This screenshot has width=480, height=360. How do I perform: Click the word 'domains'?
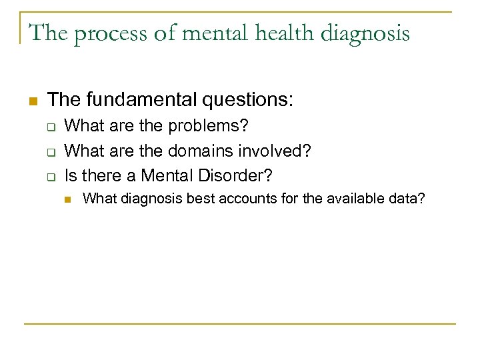point(198,151)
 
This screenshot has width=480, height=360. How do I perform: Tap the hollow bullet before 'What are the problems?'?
point(49,127)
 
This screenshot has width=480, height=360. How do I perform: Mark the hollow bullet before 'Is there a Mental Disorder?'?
point(49,177)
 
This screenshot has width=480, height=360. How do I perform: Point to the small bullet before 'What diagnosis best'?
point(67,199)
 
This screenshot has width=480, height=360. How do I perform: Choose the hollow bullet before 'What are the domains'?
point(49,151)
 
